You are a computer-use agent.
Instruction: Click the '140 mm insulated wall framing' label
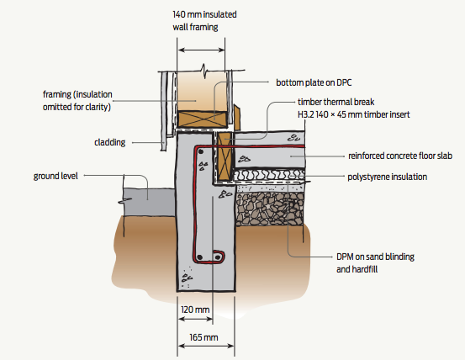point(204,21)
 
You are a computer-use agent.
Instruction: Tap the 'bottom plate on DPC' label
point(314,82)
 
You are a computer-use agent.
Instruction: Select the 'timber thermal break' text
point(336,102)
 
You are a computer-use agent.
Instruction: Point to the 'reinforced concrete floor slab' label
point(400,156)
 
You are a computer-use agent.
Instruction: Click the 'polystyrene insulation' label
point(388,177)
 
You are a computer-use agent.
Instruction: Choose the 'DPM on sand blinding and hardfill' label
point(375,263)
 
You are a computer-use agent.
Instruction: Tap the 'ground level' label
point(55,176)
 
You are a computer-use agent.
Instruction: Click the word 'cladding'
point(109,142)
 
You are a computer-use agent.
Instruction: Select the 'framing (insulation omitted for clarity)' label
point(77,101)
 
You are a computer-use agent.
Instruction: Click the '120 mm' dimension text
point(195,310)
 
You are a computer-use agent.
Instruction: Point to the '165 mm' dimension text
point(203,337)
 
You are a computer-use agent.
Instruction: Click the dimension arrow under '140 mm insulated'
point(201,50)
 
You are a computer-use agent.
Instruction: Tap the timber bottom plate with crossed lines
point(203,119)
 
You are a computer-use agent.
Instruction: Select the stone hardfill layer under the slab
point(270,209)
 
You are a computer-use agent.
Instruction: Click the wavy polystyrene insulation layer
point(269,175)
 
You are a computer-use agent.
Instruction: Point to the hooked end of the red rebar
point(219,257)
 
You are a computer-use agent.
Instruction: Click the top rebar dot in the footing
point(201,151)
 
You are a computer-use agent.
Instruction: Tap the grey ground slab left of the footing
point(149,202)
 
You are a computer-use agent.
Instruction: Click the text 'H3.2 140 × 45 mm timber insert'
point(354,114)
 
